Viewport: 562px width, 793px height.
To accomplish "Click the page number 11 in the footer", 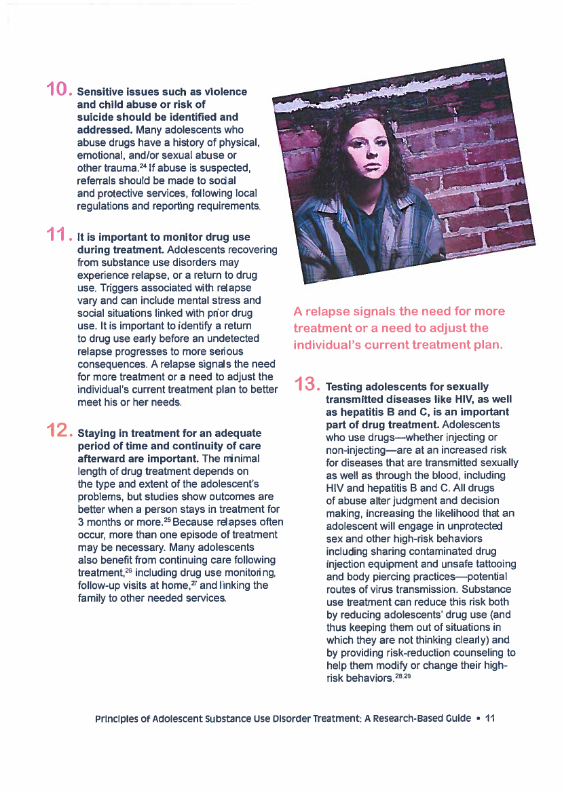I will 490,718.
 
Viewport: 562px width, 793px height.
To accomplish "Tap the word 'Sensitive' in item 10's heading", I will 102,92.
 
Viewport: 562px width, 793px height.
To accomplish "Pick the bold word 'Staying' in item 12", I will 99,433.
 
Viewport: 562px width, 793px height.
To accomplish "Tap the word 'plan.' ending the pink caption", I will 486,345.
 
